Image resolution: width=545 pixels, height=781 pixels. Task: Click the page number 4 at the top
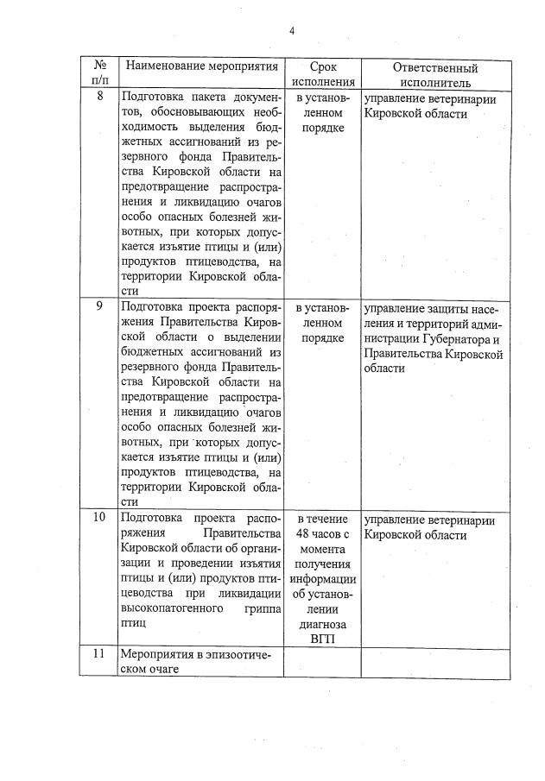pyautogui.click(x=291, y=32)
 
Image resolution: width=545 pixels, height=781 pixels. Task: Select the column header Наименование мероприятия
pyautogui.click(x=202, y=66)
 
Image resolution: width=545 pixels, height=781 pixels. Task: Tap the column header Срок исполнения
pyautogui.click(x=322, y=74)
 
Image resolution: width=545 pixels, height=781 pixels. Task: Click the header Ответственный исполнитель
pyautogui.click(x=435, y=74)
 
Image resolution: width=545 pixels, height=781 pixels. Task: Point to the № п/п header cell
pyautogui.click(x=99, y=74)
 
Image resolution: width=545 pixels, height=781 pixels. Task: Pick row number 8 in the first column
pyautogui.click(x=99, y=96)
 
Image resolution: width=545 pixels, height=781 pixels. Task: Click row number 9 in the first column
pyautogui.click(x=99, y=305)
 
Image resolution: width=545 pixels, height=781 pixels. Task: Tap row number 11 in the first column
pyautogui.click(x=99, y=655)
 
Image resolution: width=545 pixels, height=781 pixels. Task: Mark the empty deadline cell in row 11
pyautogui.click(x=322, y=662)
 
